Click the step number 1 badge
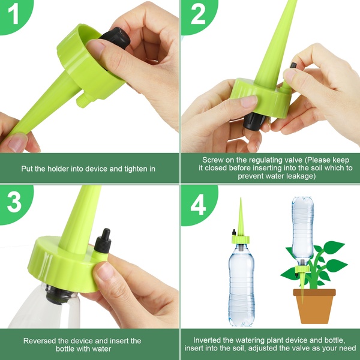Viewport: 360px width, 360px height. (x=14, y=15)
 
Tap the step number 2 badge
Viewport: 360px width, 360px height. (x=197, y=15)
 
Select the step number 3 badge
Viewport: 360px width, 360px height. (x=14, y=203)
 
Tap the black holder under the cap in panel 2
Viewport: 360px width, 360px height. (x=254, y=121)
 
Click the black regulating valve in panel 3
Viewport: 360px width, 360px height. (x=103, y=241)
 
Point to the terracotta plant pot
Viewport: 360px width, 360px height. (x=314, y=306)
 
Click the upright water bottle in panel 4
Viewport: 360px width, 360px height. (x=241, y=284)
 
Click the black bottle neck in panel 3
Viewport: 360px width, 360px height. (x=60, y=295)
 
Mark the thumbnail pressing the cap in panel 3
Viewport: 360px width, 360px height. (x=104, y=271)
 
